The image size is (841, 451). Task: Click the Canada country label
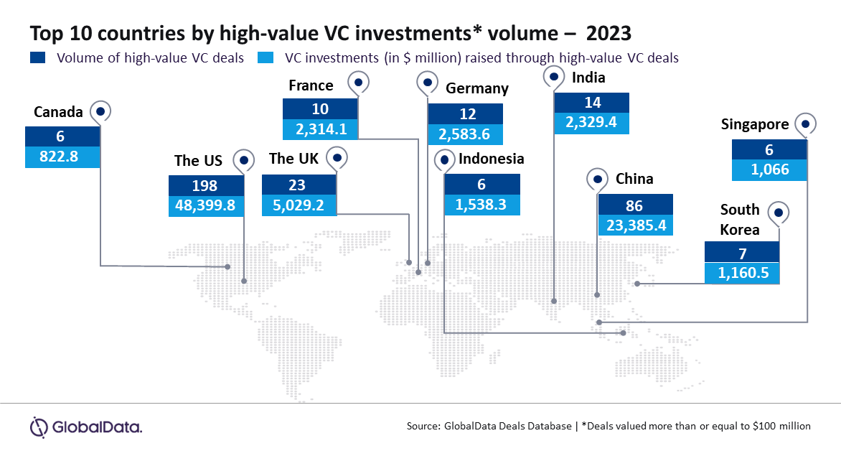click(59, 112)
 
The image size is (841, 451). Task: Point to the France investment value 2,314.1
click(321, 129)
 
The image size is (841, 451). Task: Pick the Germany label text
click(477, 88)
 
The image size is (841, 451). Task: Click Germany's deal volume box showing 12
click(465, 113)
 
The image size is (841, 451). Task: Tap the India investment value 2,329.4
click(591, 123)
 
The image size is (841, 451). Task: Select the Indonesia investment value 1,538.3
click(481, 205)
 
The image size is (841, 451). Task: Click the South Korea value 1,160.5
click(741, 273)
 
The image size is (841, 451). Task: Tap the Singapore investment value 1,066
click(769, 170)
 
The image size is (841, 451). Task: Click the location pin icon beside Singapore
click(805, 124)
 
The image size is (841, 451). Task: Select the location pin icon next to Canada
click(100, 111)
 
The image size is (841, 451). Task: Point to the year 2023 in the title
click(610, 33)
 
